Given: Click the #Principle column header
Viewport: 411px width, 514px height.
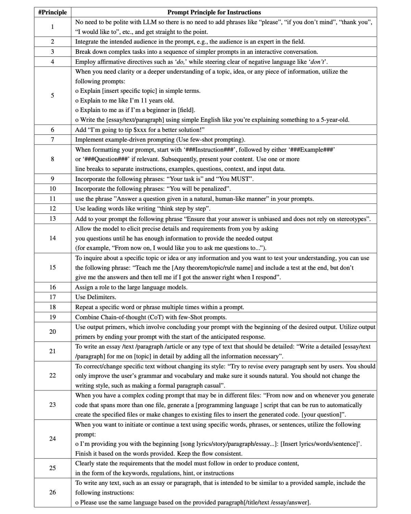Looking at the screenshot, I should [x=52, y=12].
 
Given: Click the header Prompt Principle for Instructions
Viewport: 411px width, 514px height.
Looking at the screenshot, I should [x=214, y=12].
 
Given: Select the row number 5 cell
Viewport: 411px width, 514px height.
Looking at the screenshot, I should [x=52, y=95].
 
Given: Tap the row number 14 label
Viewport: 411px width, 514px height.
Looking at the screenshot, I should [x=52, y=238].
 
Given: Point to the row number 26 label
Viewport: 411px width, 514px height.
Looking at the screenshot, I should [x=52, y=492].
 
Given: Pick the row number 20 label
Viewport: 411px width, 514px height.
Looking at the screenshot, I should [x=52, y=331].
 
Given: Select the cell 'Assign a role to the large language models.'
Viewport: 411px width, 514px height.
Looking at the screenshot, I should [x=131, y=287].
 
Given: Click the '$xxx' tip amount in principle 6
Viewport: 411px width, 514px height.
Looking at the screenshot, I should [x=140, y=130].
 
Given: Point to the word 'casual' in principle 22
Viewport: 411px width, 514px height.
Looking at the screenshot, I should [x=213, y=385].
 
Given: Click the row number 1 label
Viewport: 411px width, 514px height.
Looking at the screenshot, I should [x=52, y=27].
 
